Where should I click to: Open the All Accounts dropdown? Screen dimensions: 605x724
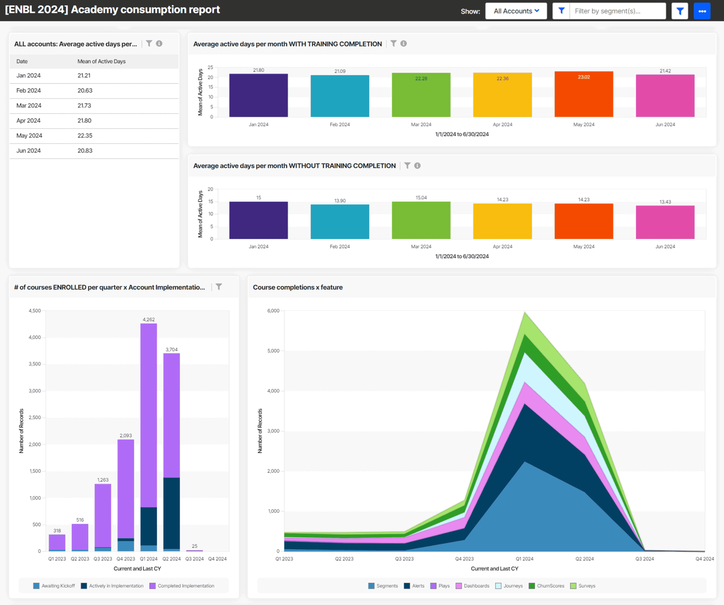point(516,11)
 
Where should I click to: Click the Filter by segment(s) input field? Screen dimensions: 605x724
point(617,11)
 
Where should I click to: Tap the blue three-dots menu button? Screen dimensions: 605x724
point(702,11)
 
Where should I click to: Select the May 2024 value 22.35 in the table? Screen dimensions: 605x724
point(85,136)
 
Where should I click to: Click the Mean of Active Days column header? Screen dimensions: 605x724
point(101,61)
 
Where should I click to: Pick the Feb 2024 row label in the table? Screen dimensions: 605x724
point(28,90)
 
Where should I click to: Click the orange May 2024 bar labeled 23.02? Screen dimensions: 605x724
point(584,95)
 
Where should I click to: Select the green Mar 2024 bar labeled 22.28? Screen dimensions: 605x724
point(421,95)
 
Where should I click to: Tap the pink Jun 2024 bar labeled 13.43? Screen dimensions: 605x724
point(665,222)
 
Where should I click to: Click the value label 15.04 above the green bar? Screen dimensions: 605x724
point(421,197)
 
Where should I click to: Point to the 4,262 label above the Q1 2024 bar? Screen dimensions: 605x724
point(149,320)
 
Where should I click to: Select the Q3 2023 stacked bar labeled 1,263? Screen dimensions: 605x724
point(103,516)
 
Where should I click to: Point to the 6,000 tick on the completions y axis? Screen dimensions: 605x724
point(273,311)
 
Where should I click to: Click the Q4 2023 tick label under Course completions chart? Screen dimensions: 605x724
point(464,559)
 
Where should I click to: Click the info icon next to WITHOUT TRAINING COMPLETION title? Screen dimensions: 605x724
point(417,166)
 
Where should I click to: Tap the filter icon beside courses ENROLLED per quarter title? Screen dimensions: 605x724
point(219,287)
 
